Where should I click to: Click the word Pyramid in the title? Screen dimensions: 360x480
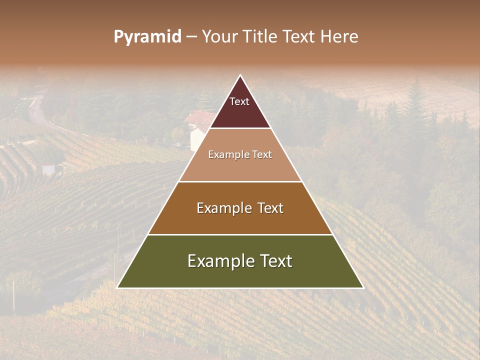pyautogui.click(x=147, y=37)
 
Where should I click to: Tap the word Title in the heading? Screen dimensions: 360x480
pyautogui.click(x=261, y=36)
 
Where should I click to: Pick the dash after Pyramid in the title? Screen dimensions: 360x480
pyautogui.click(x=191, y=37)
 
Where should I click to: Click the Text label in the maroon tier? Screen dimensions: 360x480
pyautogui.click(x=239, y=101)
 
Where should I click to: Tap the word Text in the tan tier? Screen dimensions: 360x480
pyautogui.click(x=261, y=154)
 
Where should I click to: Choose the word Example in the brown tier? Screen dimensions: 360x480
pyautogui.click(x=223, y=208)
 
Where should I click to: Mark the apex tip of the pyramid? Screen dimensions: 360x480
pyautogui.click(x=240, y=75)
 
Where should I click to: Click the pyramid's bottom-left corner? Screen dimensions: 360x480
pyautogui.click(x=117, y=287)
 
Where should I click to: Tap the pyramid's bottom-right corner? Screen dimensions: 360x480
pyautogui.click(x=363, y=287)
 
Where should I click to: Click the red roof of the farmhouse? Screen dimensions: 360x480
pyautogui.click(x=200, y=118)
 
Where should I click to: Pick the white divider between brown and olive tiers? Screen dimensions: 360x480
pyautogui.click(x=240, y=234)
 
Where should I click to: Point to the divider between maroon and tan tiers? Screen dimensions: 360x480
pyautogui.click(x=240, y=128)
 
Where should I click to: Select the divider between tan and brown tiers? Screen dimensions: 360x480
pyautogui.click(x=240, y=181)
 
